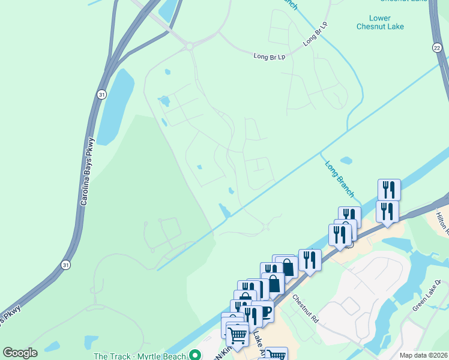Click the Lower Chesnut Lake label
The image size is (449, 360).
[388, 22]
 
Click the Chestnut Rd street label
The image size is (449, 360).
[306, 307]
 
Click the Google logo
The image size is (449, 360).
[20, 353]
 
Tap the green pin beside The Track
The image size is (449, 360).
[194, 355]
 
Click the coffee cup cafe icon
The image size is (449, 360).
[264, 311]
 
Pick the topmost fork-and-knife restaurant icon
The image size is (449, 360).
[388, 190]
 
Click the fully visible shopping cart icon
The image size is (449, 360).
[237, 335]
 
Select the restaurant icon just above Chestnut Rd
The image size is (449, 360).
[310, 260]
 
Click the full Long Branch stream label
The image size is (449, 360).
[340, 178]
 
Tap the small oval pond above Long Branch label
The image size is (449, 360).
[346, 161]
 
